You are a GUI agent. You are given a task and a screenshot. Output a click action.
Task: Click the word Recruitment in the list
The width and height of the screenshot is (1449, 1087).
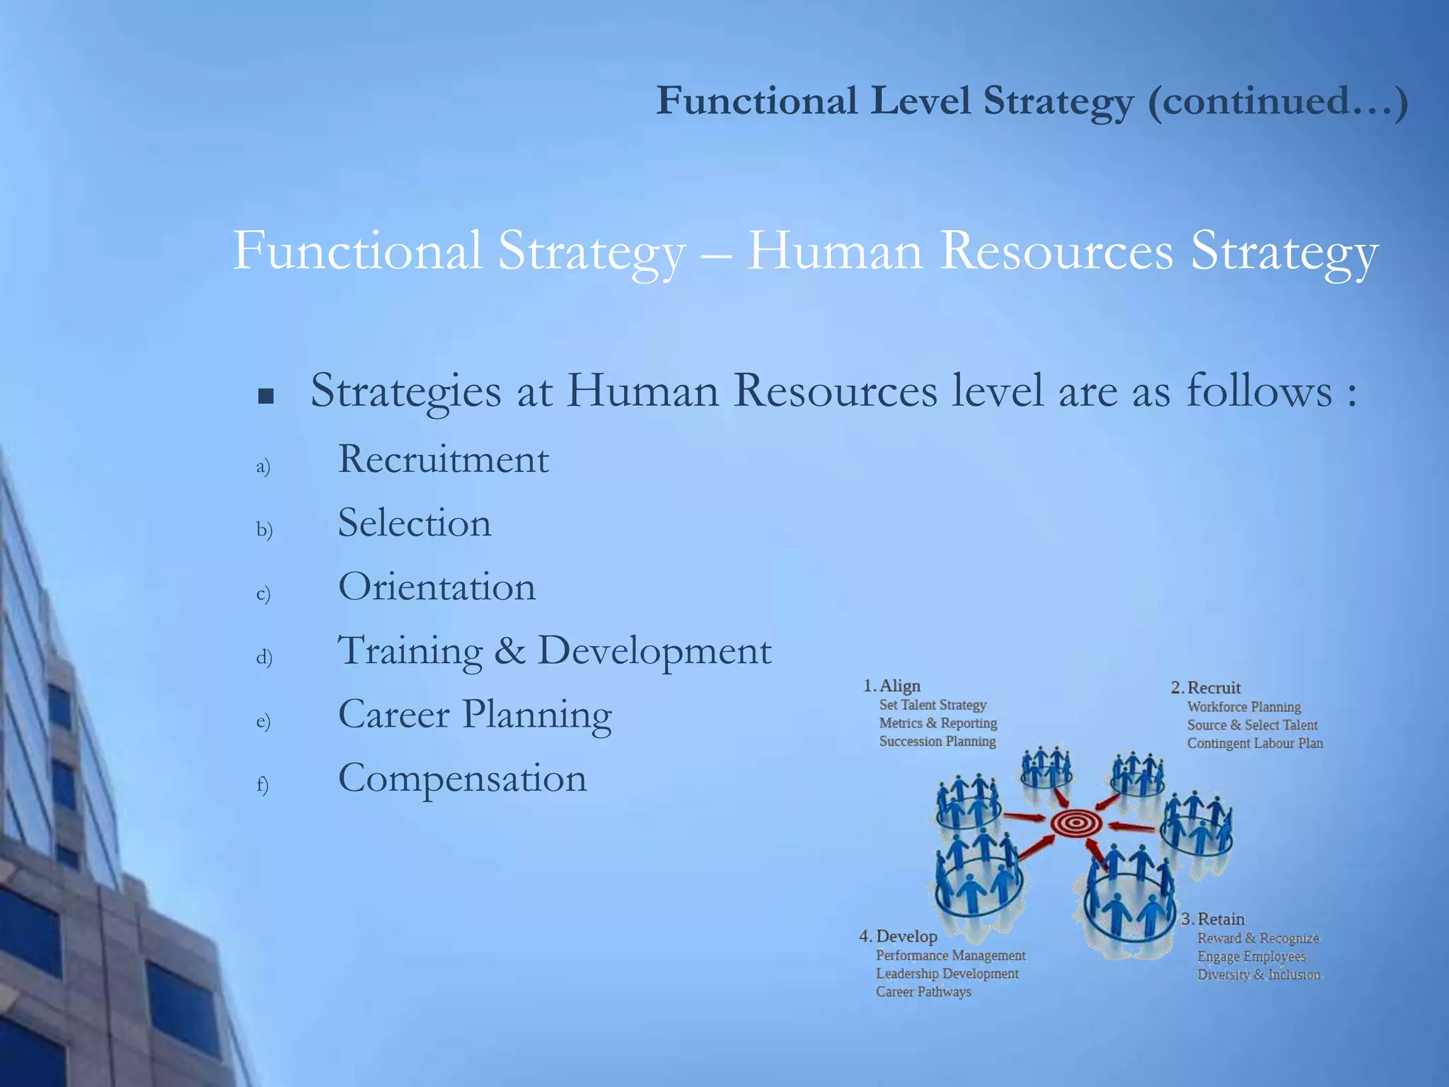pos(444,460)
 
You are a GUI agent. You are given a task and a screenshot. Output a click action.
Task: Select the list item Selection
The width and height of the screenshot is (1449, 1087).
pos(415,524)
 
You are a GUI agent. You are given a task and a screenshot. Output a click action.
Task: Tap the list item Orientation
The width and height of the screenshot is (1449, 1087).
pos(437,587)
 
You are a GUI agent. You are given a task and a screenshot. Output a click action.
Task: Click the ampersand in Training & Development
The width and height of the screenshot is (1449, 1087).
pos(509,651)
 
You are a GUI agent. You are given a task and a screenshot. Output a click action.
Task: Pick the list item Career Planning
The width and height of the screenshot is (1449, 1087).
pos(475,715)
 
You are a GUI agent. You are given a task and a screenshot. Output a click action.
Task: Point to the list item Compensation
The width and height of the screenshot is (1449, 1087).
pos(463,778)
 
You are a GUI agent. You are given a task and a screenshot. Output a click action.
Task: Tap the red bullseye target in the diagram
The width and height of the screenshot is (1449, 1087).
pos(1075,823)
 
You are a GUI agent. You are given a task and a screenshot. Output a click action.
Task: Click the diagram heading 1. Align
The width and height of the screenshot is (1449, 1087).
pos(892,686)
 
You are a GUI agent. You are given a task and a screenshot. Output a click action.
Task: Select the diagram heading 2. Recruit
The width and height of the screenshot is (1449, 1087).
pos(1206,688)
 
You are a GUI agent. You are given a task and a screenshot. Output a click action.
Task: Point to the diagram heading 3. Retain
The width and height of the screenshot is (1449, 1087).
pos(1213,919)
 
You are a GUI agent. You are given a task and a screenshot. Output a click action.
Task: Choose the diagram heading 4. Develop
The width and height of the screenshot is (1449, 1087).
pos(899,936)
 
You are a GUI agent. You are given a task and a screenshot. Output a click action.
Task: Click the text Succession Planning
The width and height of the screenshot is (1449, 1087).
pos(937,742)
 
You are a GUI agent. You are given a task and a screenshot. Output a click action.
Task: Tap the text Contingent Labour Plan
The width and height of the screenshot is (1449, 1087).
pos(1254,744)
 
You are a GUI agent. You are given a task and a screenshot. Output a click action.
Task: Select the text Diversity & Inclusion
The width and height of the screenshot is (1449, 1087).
pos(1259,975)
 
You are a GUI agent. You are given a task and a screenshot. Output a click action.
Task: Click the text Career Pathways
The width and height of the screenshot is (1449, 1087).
pos(923,992)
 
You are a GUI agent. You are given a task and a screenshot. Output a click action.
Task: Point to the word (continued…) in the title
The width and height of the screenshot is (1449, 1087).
pos(1277,101)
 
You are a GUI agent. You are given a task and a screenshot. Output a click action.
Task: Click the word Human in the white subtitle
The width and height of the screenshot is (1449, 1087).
pos(835,251)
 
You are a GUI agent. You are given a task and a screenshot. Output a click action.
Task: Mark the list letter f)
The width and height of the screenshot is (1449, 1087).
pos(262,784)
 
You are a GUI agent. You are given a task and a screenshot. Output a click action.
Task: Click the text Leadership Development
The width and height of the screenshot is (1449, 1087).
pos(947,974)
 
